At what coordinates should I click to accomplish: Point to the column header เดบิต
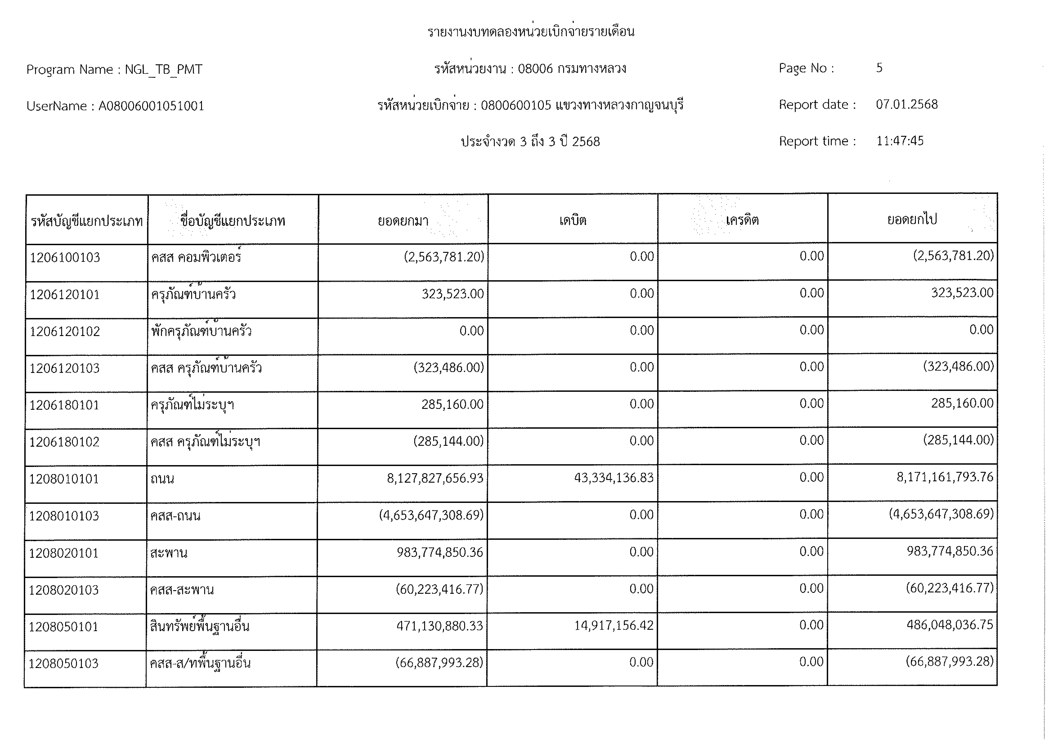pyautogui.click(x=573, y=220)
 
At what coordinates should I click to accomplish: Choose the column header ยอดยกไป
pyautogui.click(x=912, y=220)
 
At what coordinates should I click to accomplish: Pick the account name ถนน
pyautogui.click(x=162, y=479)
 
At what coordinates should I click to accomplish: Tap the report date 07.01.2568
pyautogui.click(x=906, y=105)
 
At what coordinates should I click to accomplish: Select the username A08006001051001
pyautogui.click(x=151, y=106)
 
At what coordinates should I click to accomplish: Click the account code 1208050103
pyautogui.click(x=64, y=663)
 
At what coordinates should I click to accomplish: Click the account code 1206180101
pyautogui.click(x=64, y=405)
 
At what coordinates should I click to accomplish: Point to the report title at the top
pyautogui.click(x=531, y=32)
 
